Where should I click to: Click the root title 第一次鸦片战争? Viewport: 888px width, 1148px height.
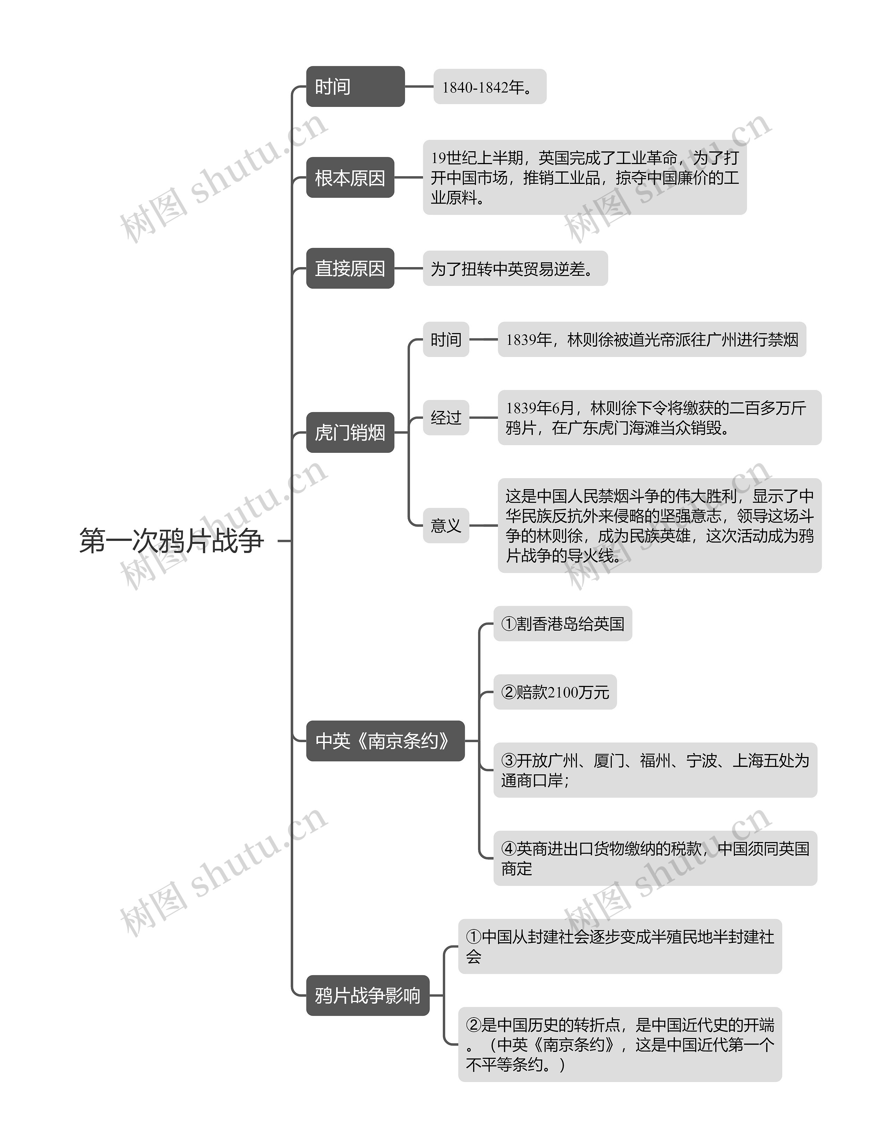tap(171, 541)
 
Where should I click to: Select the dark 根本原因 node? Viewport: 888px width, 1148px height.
tap(350, 178)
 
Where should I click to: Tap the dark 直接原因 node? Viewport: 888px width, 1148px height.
tap(350, 268)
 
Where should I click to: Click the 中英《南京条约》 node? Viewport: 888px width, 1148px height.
tap(385, 741)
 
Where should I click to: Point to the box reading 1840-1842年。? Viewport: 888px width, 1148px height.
tap(490, 87)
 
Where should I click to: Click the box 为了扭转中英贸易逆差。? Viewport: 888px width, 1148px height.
tap(515, 269)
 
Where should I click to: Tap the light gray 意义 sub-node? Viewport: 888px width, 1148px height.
tap(446, 525)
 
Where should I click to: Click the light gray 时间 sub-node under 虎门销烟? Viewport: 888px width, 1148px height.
tap(446, 340)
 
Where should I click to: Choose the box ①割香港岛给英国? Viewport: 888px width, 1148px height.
tap(562, 623)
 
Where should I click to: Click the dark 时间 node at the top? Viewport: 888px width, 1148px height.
tap(355, 87)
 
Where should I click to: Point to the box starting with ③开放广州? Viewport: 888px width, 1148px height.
tap(655, 770)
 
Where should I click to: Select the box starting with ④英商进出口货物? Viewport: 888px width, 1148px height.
tap(655, 858)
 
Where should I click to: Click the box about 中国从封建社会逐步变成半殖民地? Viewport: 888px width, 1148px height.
tap(620, 946)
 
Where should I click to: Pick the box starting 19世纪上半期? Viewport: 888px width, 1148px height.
tap(584, 178)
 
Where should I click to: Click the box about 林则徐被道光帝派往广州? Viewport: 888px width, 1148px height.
tap(651, 340)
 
